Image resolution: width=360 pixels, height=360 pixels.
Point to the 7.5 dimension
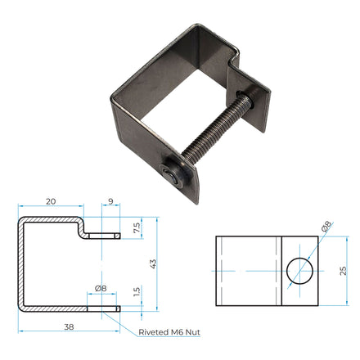137,226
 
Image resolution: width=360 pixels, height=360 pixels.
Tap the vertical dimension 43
153,263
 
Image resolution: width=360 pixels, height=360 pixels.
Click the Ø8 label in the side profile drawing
101,288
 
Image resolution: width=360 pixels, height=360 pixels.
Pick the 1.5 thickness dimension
137,292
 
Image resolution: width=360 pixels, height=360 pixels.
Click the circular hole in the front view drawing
301,270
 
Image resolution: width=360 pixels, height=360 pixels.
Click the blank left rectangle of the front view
248,270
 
